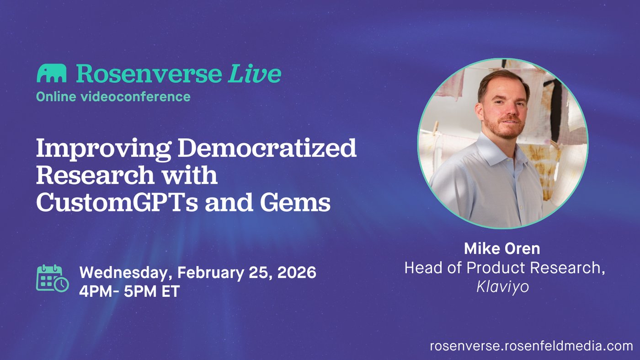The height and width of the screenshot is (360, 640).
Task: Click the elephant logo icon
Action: coord(51,73)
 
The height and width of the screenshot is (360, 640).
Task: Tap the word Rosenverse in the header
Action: coord(149,74)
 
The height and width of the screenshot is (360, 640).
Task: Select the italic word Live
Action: coord(254,74)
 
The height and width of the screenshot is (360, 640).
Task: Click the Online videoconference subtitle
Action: coord(113,97)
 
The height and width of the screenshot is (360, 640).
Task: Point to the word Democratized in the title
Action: coord(267,148)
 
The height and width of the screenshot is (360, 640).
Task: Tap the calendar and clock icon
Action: coord(53,278)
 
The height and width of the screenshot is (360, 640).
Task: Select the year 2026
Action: coord(297,272)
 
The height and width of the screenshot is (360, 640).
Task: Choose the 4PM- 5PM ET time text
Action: coord(129,291)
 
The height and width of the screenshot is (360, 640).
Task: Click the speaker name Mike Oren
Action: coord(502,248)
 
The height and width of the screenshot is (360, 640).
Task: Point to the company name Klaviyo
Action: coord(502,286)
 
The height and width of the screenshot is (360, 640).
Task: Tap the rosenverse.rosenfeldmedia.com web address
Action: coord(531,346)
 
